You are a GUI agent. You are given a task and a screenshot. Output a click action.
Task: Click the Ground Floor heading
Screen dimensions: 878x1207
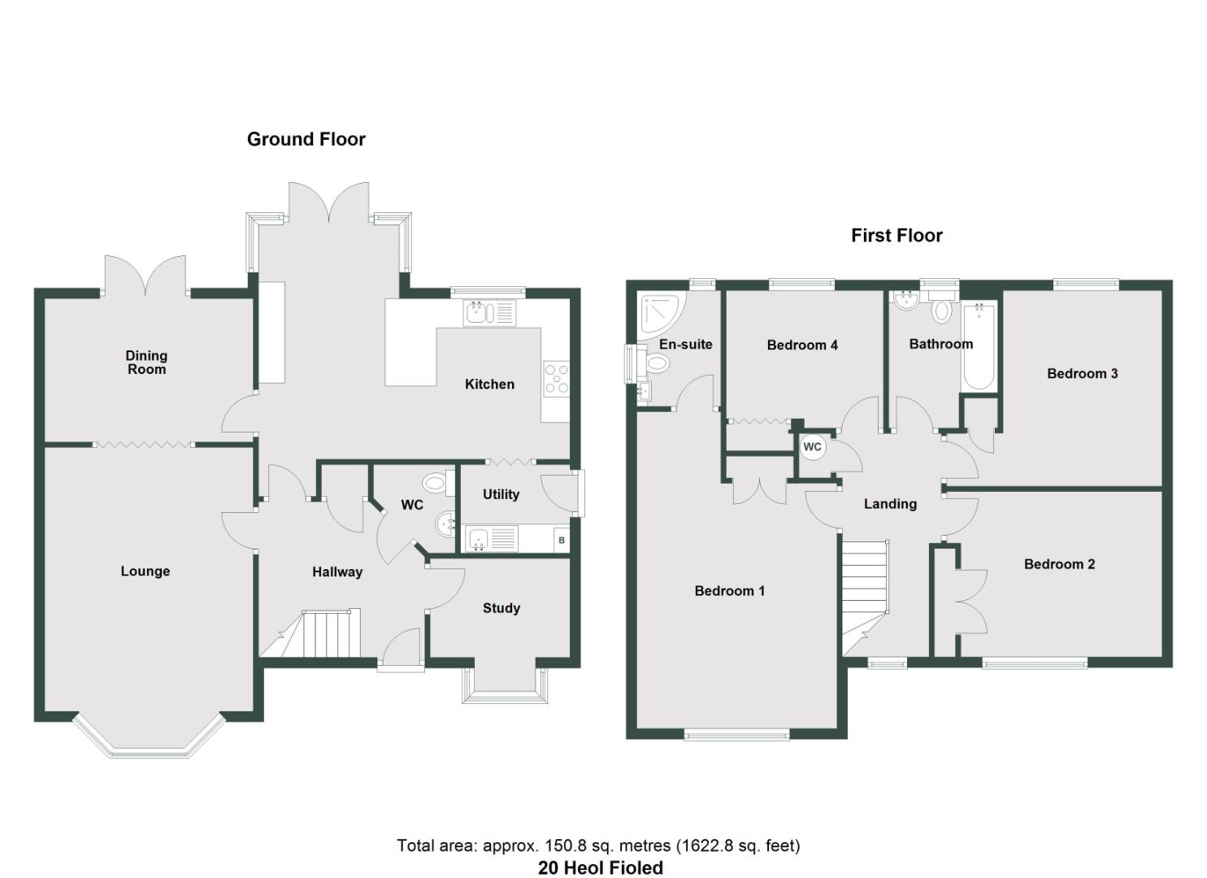[x=306, y=139]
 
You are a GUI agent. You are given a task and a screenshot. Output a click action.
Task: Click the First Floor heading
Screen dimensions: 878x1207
[x=897, y=236]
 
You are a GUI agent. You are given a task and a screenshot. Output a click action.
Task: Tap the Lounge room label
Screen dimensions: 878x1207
[x=145, y=572]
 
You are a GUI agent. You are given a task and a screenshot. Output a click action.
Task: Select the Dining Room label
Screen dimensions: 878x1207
[x=146, y=362]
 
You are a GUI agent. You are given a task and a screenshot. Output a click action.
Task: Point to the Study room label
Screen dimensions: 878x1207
[x=501, y=608]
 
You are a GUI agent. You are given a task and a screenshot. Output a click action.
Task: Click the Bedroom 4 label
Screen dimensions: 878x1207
[x=802, y=346]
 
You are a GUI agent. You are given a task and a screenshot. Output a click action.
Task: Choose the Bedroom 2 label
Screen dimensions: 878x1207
[x=1059, y=564]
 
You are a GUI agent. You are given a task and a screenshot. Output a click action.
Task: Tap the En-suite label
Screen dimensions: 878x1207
[x=685, y=345]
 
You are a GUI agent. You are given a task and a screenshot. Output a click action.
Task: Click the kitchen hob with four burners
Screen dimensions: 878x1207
[x=557, y=380]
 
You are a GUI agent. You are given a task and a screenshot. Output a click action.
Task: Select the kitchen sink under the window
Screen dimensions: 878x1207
[x=489, y=313]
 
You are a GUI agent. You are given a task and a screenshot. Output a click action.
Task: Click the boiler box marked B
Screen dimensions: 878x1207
[x=562, y=540]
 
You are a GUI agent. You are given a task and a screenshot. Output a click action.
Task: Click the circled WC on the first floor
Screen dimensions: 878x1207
[x=812, y=447]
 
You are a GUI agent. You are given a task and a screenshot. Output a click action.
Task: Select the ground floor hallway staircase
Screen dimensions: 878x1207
[x=321, y=634]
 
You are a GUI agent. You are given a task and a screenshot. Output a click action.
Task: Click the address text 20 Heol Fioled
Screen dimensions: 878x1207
[x=600, y=868]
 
